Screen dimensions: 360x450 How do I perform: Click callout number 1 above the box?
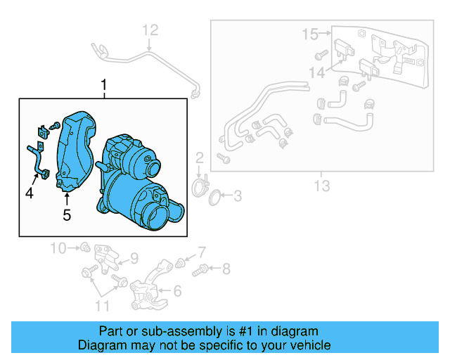[104, 87]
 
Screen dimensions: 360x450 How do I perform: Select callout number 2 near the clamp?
[200, 157]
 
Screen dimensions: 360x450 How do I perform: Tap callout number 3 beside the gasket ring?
[237, 195]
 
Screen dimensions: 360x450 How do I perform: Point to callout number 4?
[30, 193]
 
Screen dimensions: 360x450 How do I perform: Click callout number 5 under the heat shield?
[67, 214]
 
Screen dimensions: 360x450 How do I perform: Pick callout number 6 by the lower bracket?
[177, 290]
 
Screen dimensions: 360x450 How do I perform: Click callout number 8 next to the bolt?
[226, 268]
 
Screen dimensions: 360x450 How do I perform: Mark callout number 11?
[103, 305]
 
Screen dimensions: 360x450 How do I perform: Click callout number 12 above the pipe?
[151, 30]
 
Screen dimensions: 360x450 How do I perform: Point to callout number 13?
[321, 186]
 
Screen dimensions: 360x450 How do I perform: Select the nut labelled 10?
[84, 247]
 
